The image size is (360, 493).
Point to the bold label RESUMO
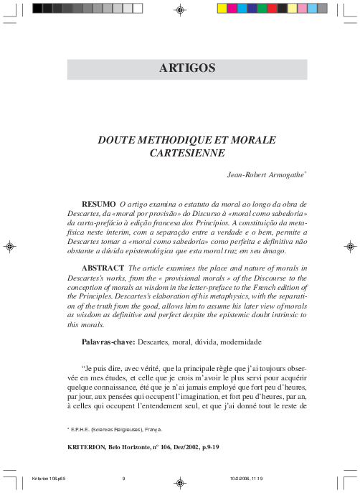[99, 204]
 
